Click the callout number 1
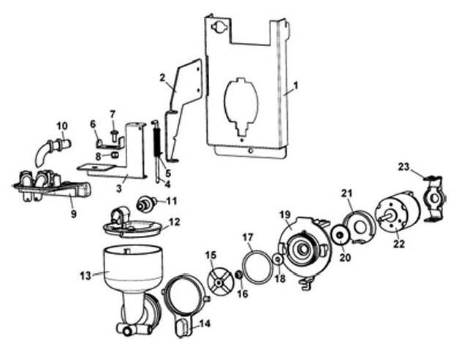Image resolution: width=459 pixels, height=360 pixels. click(x=296, y=85)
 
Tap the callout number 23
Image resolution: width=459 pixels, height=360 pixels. click(x=403, y=167)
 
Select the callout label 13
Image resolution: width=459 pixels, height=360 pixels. click(x=86, y=275)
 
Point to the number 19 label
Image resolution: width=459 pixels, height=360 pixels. click(x=285, y=215)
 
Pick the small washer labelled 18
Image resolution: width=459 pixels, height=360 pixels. click(x=278, y=258)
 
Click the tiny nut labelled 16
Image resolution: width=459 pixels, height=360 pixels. click(x=239, y=275)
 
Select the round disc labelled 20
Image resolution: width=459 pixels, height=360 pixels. click(x=340, y=235)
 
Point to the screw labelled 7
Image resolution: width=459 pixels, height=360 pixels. click(x=113, y=135)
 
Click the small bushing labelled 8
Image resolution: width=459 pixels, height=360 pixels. click(x=114, y=154)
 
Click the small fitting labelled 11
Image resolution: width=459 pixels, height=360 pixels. click(x=145, y=203)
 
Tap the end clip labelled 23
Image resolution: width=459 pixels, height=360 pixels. click(x=434, y=199)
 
